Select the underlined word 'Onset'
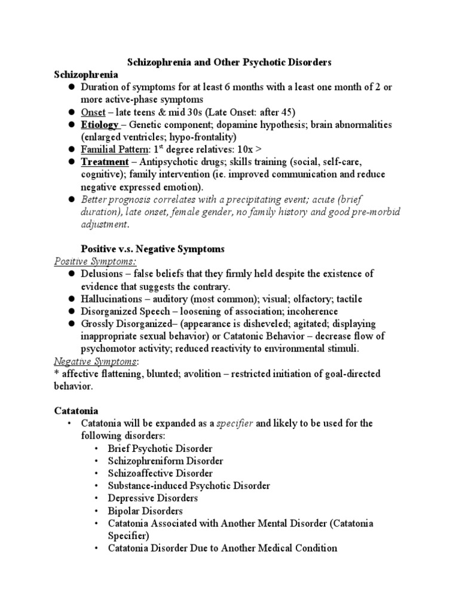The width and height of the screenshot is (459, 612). [93, 112]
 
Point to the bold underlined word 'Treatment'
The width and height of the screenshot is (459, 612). [105, 162]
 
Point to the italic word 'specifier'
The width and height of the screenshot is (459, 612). [234, 423]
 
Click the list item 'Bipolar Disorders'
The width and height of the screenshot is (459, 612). [145, 510]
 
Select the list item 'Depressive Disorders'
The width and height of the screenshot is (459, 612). [152, 498]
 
